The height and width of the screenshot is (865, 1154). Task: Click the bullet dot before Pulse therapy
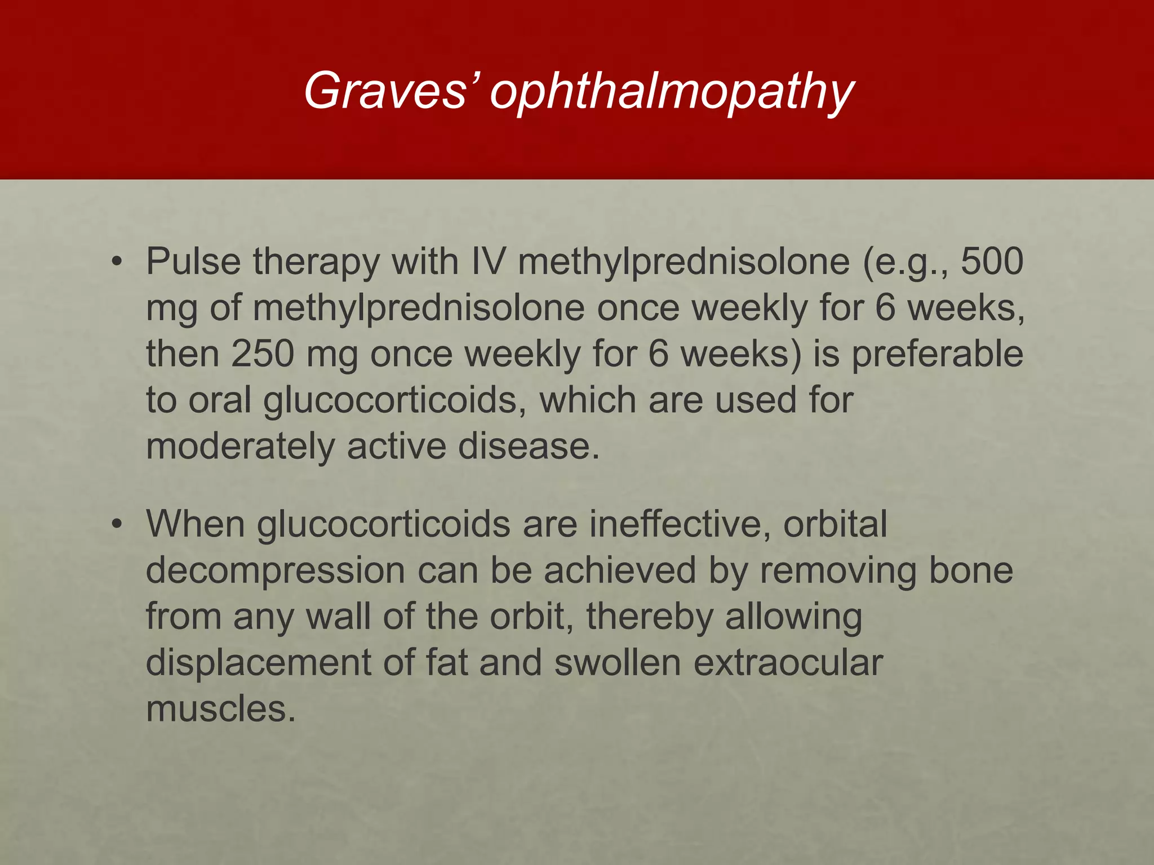coord(117,262)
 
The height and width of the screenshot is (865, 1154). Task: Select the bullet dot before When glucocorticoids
coord(117,524)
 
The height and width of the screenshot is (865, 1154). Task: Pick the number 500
coord(992,262)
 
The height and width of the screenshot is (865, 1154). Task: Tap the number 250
coord(263,354)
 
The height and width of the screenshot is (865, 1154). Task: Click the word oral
coord(220,400)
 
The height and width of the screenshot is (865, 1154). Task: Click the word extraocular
coord(788,663)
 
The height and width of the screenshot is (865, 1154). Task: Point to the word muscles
coord(220,709)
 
